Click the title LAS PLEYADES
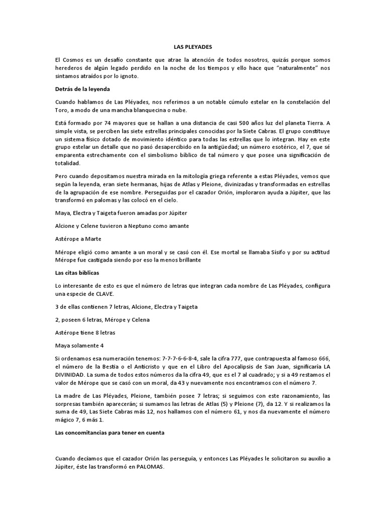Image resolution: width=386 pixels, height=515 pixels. [x=193, y=46]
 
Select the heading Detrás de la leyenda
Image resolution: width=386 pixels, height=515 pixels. [x=81, y=89]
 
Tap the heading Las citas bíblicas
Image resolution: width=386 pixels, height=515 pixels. [x=77, y=272]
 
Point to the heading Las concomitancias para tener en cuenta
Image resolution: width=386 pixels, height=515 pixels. [x=110, y=432]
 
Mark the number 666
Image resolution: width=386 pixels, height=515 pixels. [x=321, y=359]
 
